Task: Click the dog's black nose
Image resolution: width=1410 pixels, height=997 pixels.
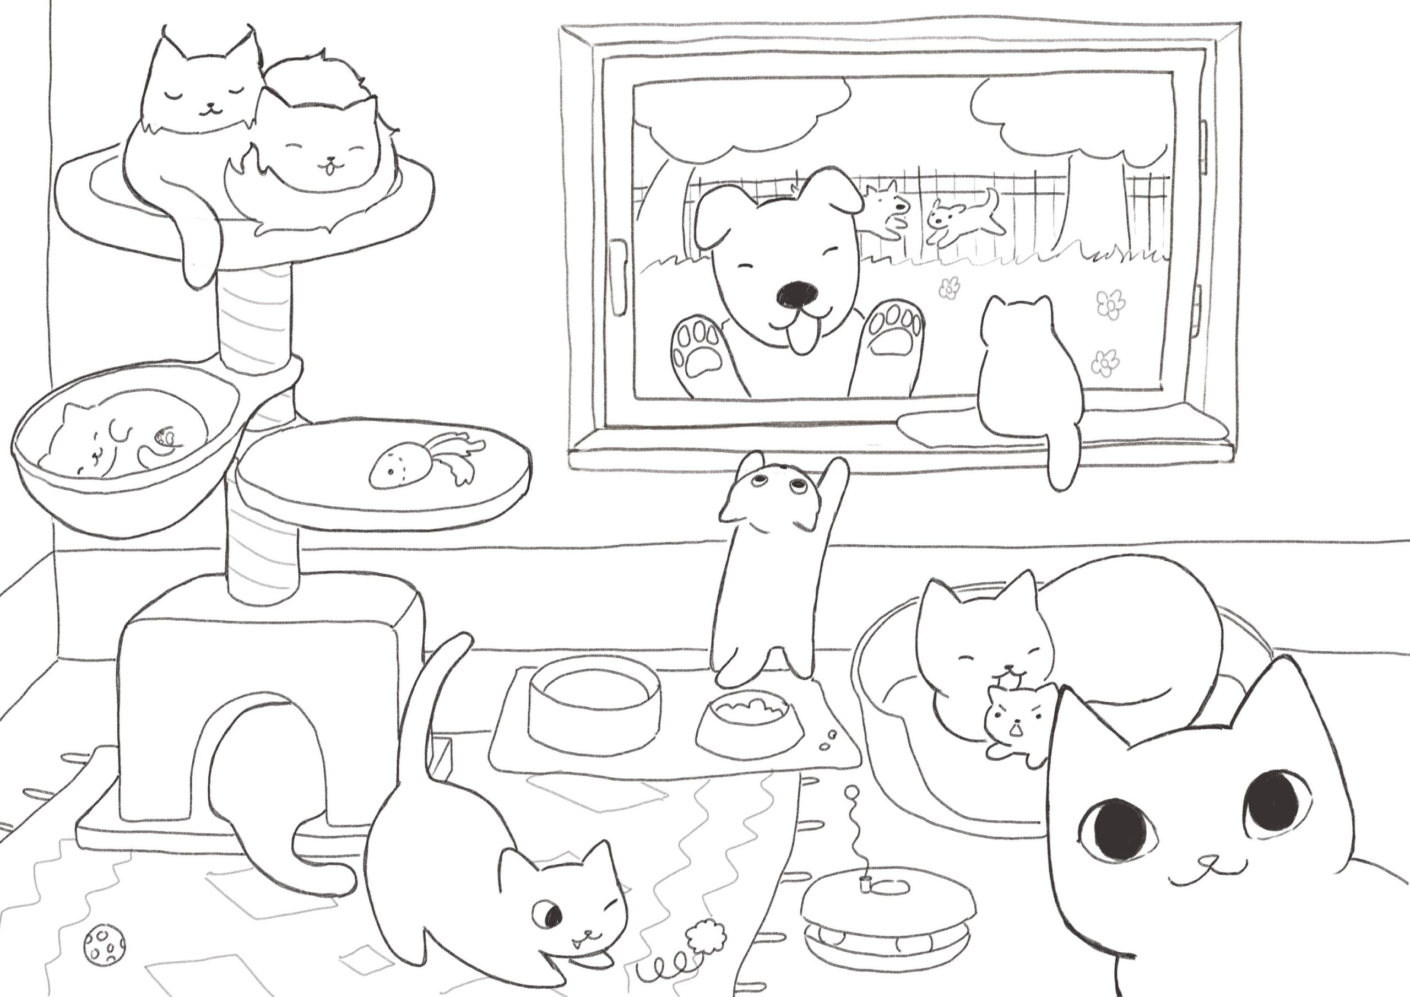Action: point(796,295)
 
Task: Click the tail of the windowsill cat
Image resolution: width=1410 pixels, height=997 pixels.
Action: point(1062,460)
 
